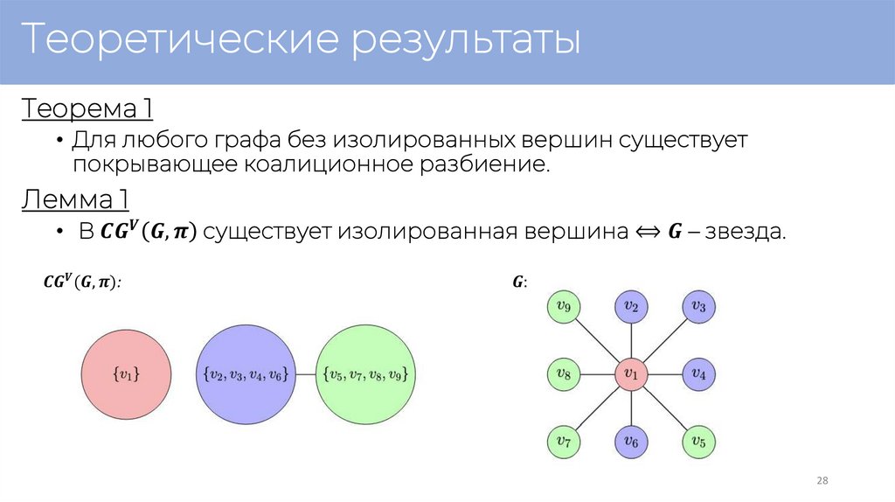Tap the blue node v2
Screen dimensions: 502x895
tap(630, 306)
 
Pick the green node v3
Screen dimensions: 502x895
tap(698, 306)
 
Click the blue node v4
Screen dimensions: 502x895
tap(698, 374)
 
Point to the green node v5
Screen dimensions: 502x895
tap(698, 442)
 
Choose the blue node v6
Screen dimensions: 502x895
tap(630, 443)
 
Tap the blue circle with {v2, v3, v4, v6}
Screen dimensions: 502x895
tap(246, 373)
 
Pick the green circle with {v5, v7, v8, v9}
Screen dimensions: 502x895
tap(364, 373)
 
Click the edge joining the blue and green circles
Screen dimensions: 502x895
tap(305, 373)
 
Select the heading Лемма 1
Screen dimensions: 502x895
tap(75, 200)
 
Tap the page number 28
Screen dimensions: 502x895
tap(822, 481)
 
